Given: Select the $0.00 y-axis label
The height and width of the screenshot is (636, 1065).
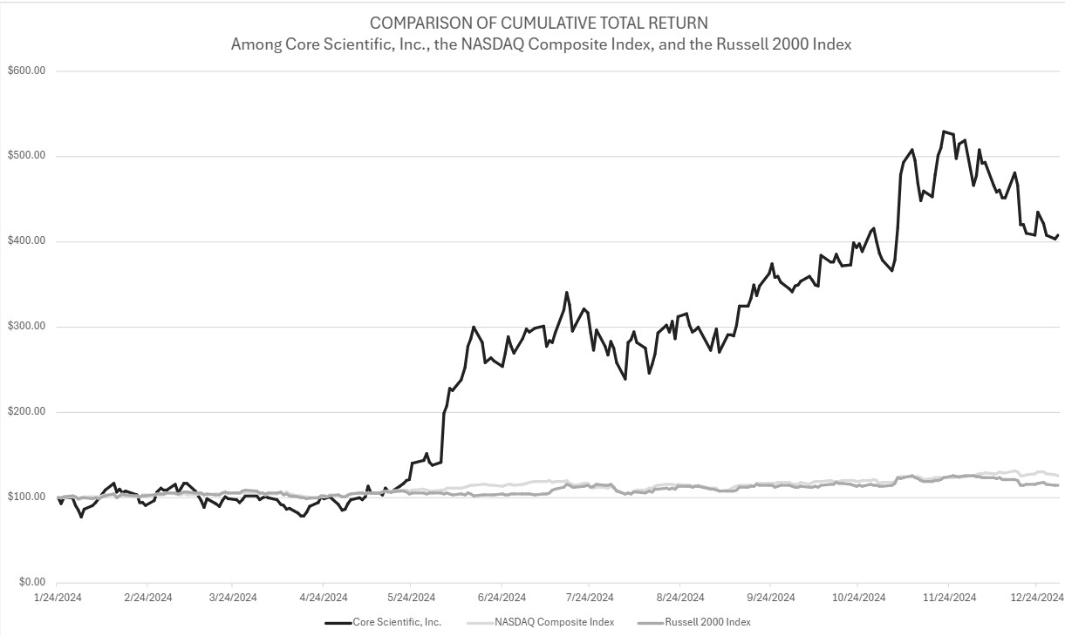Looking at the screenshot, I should click(26, 582).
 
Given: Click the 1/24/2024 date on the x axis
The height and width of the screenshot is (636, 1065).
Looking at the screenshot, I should click(57, 598).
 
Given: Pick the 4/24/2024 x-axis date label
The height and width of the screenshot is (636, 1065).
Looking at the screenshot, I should click(323, 598).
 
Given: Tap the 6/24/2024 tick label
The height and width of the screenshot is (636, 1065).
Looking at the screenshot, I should click(502, 598).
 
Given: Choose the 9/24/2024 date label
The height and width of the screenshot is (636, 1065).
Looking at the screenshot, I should click(770, 598).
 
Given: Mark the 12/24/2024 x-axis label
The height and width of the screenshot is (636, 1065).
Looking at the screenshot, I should click(1035, 598).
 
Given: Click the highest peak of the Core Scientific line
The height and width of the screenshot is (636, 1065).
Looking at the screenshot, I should click(944, 132).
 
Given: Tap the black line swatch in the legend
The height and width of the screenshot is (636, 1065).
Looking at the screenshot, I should click(338, 622).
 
